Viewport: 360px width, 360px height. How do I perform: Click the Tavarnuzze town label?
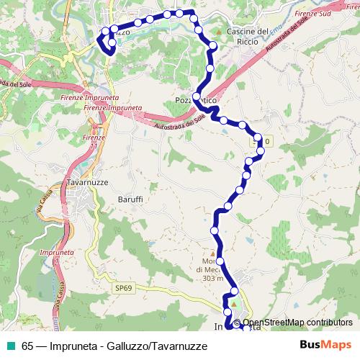pos(87,183)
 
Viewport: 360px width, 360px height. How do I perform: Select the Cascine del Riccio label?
pos(247,36)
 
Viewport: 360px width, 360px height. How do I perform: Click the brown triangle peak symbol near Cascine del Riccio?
pos(218,32)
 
